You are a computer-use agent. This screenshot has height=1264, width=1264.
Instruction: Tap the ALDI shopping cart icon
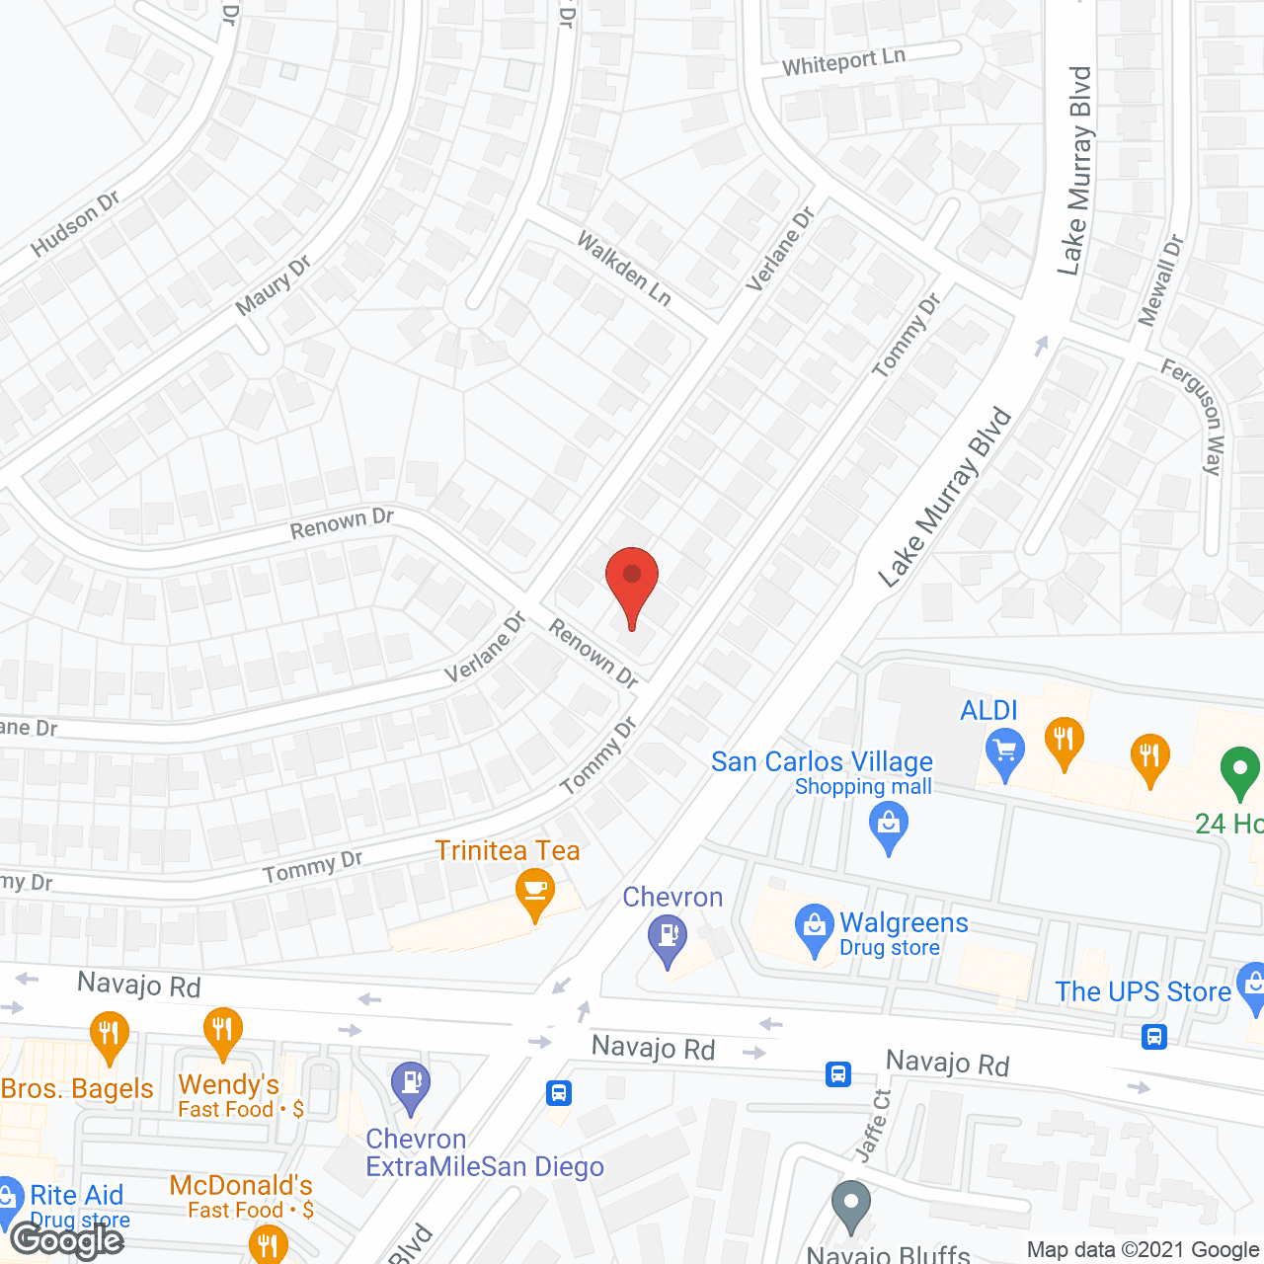1005,753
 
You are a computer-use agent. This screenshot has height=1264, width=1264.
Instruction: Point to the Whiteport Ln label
843,61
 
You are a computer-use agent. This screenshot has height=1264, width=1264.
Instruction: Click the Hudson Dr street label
75,224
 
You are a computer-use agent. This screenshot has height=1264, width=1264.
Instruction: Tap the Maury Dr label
273,285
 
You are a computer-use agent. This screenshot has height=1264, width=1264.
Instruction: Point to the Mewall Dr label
1160,279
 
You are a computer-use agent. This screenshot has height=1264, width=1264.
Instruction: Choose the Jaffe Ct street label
873,1125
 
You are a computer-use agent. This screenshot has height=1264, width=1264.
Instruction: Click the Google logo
66,1240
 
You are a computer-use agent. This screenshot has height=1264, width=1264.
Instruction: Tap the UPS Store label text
1143,991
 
